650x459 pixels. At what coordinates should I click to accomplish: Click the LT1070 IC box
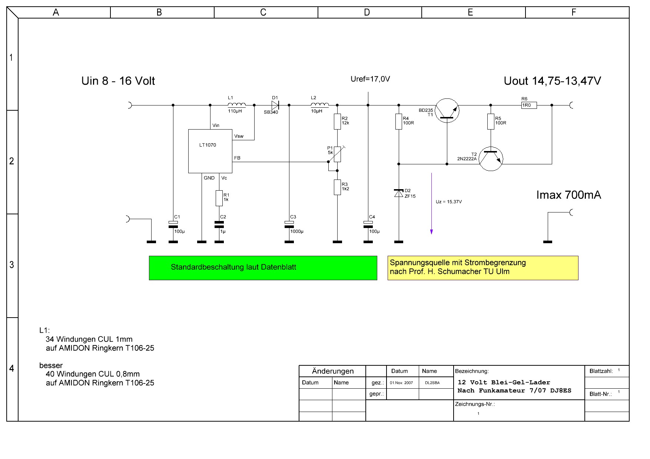pos(210,151)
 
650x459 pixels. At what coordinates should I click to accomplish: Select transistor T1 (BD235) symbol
pos(447,111)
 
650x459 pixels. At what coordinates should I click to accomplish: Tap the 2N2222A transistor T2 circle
pos(491,159)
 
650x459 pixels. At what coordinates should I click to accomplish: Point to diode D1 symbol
pos(275,105)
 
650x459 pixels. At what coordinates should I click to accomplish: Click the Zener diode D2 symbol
pos(399,193)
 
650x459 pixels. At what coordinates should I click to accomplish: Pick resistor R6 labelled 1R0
pos(529,105)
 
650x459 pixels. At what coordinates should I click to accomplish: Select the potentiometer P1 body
pos(337,154)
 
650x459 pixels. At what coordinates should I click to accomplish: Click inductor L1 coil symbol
pos(236,104)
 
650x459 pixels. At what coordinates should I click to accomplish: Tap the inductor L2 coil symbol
pos(319,104)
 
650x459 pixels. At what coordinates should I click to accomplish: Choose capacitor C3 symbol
pos(289,224)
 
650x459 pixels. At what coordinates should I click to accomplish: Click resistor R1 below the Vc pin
pos(219,198)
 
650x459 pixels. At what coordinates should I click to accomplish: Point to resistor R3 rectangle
pos(337,187)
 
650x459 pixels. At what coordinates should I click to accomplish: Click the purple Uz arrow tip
pos(431,234)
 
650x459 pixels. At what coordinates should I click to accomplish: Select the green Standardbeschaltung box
pos(263,268)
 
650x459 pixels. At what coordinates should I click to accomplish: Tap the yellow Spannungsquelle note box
pos(483,268)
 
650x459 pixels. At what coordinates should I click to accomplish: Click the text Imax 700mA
pos(568,195)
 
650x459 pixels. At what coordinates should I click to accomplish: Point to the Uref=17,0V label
pos(370,79)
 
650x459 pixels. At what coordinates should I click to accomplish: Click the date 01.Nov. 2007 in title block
pos(401,383)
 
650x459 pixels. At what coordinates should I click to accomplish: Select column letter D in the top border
pos(367,13)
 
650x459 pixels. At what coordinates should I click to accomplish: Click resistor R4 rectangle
pos(399,121)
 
